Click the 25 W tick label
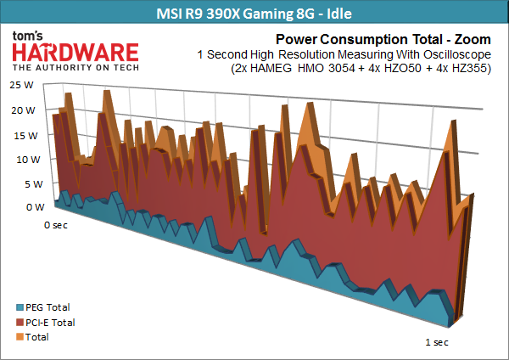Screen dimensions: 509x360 click(x=22, y=85)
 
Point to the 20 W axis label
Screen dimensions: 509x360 click(x=23, y=110)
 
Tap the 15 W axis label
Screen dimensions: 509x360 click(x=25, y=136)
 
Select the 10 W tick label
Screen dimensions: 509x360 click(x=28, y=160)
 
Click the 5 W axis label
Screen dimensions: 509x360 click(x=34, y=184)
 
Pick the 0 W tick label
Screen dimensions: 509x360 click(x=36, y=207)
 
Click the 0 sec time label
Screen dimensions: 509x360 click(x=56, y=225)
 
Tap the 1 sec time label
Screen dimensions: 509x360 click(x=437, y=342)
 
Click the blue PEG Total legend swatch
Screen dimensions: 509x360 click(x=20, y=307)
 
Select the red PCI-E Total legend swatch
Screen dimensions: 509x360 click(x=20, y=323)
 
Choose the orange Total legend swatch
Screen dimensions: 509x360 click(x=20, y=337)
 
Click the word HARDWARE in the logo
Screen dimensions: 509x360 click(x=76, y=53)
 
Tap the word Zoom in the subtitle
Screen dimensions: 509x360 click(x=473, y=39)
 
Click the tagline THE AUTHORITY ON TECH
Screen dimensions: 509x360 click(x=76, y=68)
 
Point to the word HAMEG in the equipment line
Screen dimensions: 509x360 click(x=271, y=68)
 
